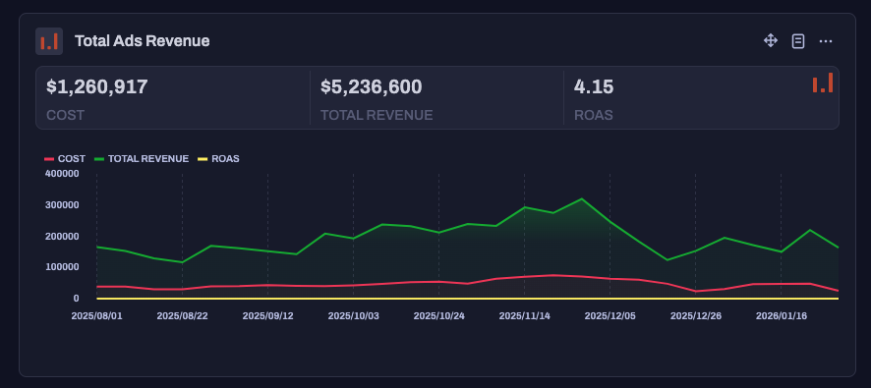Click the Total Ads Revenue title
(142, 40)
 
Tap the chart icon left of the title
(49, 40)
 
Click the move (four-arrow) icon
(771, 40)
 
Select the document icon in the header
(798, 40)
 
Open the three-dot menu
(826, 40)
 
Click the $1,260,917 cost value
(97, 86)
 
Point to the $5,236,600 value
(372, 86)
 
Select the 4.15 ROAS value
(594, 86)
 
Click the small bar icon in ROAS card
(823, 83)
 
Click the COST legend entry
(65, 158)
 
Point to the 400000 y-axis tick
(62, 173)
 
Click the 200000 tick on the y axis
(62, 236)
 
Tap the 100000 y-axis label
(62, 266)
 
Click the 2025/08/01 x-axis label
(96, 316)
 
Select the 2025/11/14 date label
(524, 316)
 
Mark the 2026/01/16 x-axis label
(781, 316)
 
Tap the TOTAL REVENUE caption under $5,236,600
(377, 115)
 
